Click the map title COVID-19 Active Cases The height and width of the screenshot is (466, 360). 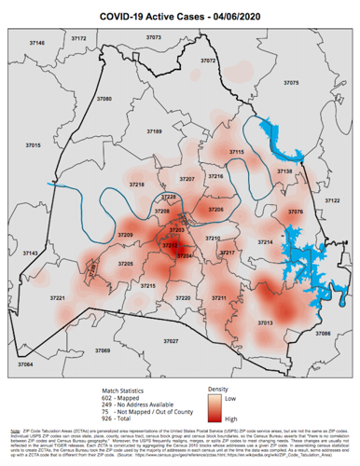180,14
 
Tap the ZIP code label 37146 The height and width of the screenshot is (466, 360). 37,43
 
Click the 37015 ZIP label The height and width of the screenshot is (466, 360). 33,146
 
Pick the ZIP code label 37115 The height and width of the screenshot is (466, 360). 236,151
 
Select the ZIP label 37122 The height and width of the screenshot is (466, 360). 330,200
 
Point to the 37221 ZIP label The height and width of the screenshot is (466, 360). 57,297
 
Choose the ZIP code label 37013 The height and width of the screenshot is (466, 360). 265,322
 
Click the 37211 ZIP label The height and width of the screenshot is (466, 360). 219,297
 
